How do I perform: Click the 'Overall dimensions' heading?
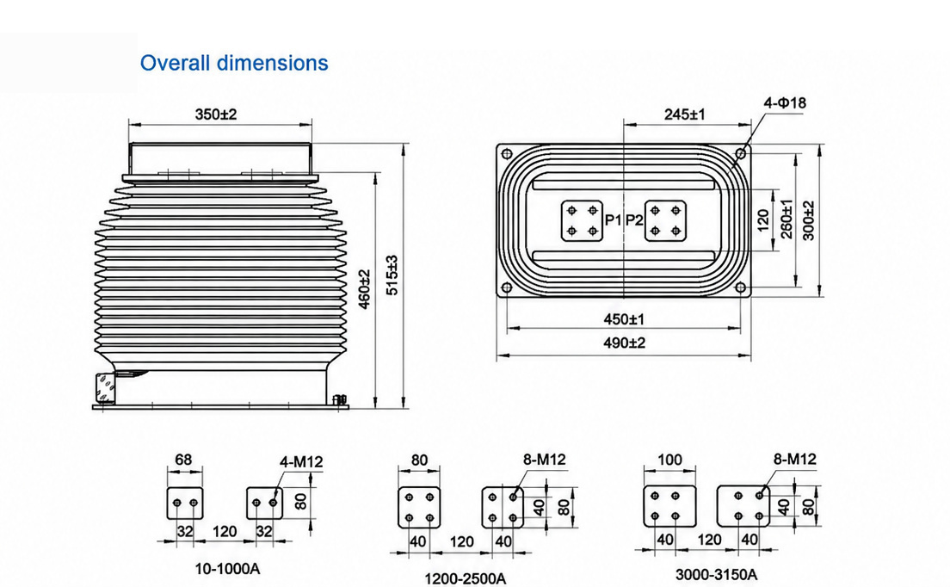coord(234,62)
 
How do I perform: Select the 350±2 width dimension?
coord(216,114)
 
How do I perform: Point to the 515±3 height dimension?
coord(392,275)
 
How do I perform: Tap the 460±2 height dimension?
coord(364,289)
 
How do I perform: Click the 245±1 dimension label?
coord(685,114)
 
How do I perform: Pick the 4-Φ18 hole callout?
coord(785,103)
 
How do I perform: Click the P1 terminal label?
coord(614,219)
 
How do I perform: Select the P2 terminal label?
coord(633,219)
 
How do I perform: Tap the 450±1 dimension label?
coord(624,318)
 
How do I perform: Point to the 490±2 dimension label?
coord(624,343)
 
